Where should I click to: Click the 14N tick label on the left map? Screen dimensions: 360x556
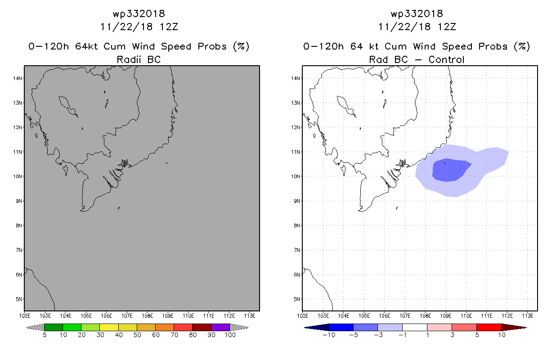click(x=18, y=78)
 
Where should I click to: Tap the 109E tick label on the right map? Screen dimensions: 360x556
click(x=446, y=315)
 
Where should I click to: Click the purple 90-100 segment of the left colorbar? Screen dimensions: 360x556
click(x=220, y=327)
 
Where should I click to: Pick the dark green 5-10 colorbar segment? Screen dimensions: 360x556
click(x=54, y=327)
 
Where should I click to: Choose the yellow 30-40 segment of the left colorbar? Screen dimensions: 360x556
click(x=109, y=327)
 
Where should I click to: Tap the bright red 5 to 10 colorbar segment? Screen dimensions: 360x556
click(x=489, y=327)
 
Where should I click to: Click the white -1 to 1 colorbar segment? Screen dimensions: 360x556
click(x=414, y=327)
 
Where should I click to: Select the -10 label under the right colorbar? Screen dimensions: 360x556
click(x=329, y=335)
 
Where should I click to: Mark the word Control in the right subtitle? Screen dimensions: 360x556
click(x=447, y=59)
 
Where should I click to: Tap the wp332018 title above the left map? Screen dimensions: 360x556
click(x=139, y=13)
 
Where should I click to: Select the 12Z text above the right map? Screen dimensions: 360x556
click(x=446, y=27)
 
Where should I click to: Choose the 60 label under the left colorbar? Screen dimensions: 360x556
click(x=155, y=335)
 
